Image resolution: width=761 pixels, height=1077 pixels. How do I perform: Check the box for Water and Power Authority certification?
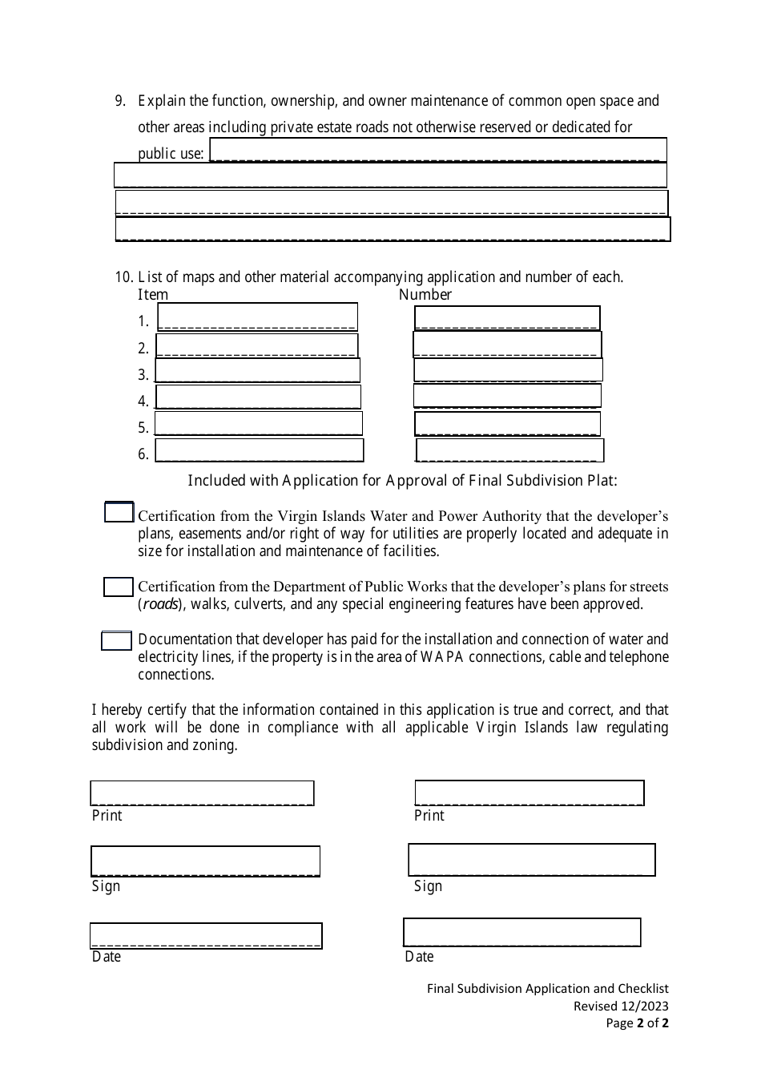click(x=119, y=512)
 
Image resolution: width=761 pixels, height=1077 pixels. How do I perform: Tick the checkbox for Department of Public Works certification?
click(x=118, y=587)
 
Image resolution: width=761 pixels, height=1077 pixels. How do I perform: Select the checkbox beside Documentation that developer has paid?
click(x=116, y=640)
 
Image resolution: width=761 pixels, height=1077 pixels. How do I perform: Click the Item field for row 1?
click(x=257, y=317)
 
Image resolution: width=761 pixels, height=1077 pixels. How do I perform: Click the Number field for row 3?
click(x=508, y=369)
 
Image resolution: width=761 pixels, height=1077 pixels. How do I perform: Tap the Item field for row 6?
click(x=259, y=450)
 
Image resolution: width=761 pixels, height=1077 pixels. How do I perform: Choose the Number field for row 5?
click(x=507, y=423)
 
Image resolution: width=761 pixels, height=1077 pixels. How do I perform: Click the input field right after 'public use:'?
click(x=437, y=150)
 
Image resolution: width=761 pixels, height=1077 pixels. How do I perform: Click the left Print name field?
click(x=202, y=793)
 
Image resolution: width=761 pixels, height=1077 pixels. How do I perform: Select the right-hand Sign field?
click(x=531, y=859)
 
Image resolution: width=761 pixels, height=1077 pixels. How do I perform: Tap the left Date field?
click(x=205, y=935)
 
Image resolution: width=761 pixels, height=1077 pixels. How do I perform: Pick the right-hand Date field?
click(x=521, y=932)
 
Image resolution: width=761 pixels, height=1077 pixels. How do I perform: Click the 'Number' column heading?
click(x=425, y=294)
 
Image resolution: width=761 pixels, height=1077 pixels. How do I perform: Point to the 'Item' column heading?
click(x=153, y=294)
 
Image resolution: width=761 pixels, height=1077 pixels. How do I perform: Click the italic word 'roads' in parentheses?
click(x=160, y=604)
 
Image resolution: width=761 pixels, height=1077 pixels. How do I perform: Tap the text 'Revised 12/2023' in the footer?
click(x=620, y=1006)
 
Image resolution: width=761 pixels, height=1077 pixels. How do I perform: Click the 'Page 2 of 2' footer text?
click(x=637, y=1023)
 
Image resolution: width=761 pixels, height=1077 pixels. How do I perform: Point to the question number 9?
click(x=121, y=101)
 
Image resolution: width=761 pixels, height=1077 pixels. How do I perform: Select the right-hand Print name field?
click(x=529, y=793)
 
